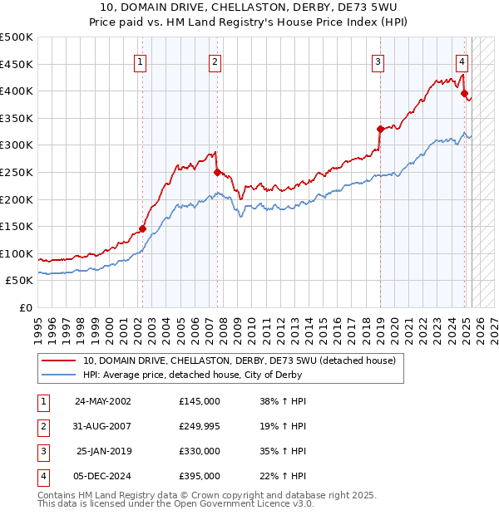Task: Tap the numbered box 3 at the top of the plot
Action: coord(378,61)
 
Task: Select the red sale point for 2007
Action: coord(217,173)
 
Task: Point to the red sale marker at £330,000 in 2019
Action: coord(380,129)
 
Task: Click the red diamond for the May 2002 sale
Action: coord(142,229)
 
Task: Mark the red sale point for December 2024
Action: coord(464,94)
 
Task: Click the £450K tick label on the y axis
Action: coord(17,64)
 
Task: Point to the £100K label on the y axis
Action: coord(17,253)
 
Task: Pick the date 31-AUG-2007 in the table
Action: coord(103,426)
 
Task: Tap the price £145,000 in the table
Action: coord(199,400)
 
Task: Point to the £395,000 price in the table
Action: coord(199,477)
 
